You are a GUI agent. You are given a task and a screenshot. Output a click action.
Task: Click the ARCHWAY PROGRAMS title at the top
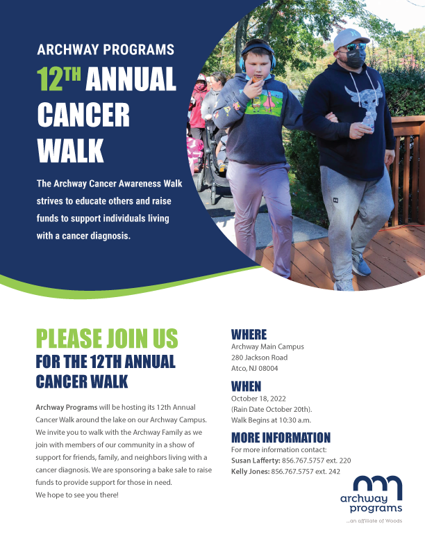[x=106, y=50]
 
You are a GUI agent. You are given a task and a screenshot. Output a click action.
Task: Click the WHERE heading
[x=249, y=335]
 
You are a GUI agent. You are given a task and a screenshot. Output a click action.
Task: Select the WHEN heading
[x=246, y=386]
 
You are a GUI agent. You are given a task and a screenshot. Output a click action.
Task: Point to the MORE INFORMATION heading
[x=281, y=438]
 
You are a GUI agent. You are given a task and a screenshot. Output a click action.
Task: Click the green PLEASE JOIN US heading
[x=107, y=339]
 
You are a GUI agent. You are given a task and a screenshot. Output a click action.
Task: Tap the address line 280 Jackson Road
[x=259, y=358]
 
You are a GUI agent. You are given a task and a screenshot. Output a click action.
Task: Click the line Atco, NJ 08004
[x=254, y=368]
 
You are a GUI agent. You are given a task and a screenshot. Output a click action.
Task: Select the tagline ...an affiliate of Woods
[x=374, y=521]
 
